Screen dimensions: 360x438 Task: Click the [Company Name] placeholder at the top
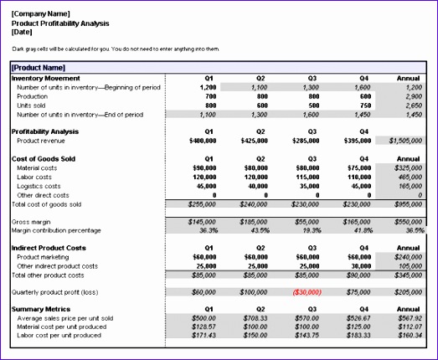[x=39, y=14]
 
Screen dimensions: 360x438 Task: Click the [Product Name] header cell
[x=38, y=67]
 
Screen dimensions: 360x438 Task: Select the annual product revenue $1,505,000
[x=406, y=141]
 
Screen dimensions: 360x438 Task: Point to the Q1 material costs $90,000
[x=205, y=168]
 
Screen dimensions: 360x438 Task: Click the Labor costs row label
[x=35, y=177]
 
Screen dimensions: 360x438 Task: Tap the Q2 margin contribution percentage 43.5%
[x=257, y=230]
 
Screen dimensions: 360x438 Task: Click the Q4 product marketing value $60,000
[x=359, y=257]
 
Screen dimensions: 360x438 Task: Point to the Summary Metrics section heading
[x=39, y=308]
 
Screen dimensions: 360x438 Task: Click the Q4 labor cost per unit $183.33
[x=358, y=336]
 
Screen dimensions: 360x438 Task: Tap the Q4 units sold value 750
[x=363, y=105]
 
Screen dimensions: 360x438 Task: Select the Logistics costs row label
[x=39, y=186]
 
